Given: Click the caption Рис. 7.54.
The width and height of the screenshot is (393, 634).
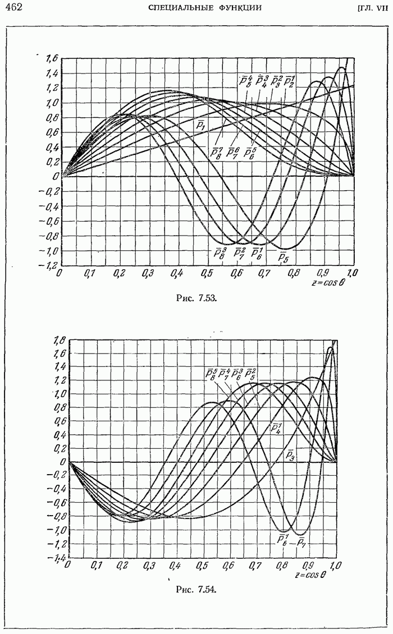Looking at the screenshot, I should pyautogui.click(x=196, y=589).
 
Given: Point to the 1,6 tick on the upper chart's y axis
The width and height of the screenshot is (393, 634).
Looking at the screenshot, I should pyautogui.click(x=52, y=58).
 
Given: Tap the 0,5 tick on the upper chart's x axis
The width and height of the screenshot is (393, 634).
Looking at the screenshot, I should pyautogui.click(x=206, y=273).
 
